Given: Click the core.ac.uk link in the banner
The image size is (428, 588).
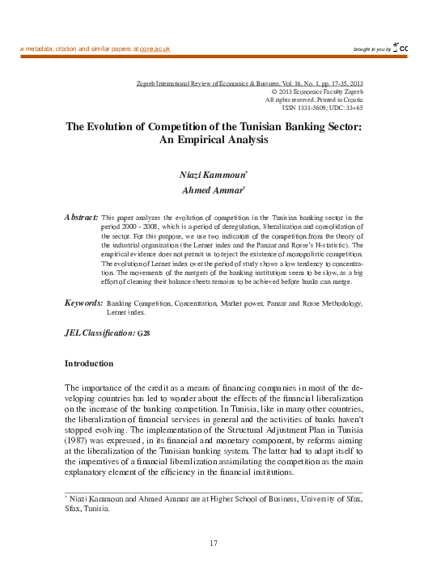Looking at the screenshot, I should click(x=155, y=49).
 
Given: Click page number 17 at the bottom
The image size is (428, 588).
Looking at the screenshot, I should click(x=214, y=543).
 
